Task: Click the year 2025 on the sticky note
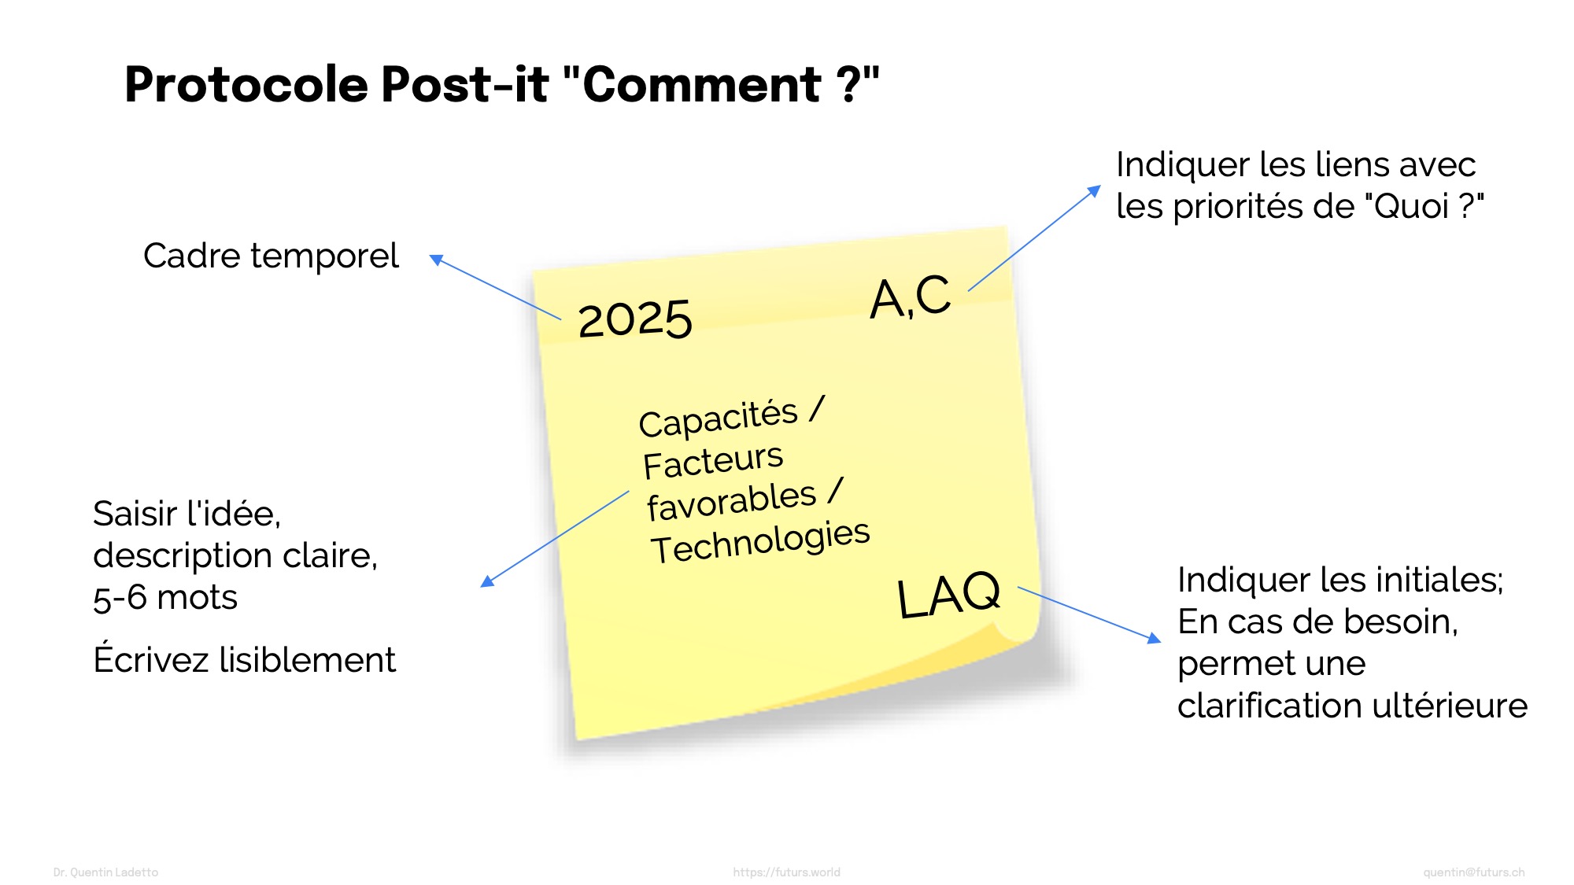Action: coord(635,319)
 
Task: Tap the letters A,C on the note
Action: coord(911,297)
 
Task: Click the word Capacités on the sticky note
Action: coord(719,418)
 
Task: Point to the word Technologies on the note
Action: coord(760,542)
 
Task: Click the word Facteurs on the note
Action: coord(713,462)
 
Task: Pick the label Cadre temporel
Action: coord(271,256)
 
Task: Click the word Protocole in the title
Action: coord(246,85)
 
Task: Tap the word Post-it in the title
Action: coord(465,84)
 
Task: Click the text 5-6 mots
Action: coord(165,598)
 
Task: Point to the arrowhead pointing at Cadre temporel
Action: coord(435,259)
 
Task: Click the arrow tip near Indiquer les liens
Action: coord(1095,190)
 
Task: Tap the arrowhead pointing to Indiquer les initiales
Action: coord(1155,638)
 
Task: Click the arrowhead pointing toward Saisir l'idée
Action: coord(486,581)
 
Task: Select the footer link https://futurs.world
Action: coord(786,872)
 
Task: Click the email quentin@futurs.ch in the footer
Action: coord(1473,872)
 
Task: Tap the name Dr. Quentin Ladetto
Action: coord(105,872)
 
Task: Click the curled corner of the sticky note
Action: coord(1015,629)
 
